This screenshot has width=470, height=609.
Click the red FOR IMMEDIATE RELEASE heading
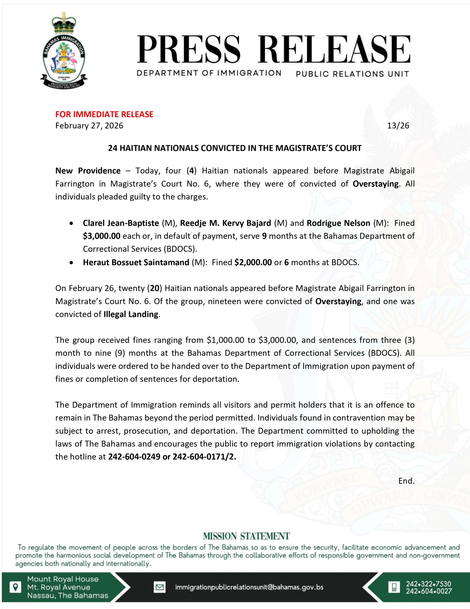tap(104, 114)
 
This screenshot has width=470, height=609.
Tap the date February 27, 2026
tap(89, 126)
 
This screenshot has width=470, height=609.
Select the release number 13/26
tap(398, 126)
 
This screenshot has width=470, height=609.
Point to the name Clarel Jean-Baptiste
tap(121, 223)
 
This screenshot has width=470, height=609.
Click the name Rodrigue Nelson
tap(338, 223)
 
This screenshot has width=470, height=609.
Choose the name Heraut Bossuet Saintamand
tap(136, 262)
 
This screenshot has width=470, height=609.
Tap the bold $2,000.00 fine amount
tap(253, 262)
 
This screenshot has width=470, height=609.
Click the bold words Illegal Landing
tap(131, 314)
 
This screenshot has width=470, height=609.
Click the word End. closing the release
tap(406, 481)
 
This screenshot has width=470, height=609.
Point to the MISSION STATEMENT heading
tap(246, 536)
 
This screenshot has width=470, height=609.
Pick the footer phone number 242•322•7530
tap(428, 584)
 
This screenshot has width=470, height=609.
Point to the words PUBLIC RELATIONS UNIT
tap(352, 74)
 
